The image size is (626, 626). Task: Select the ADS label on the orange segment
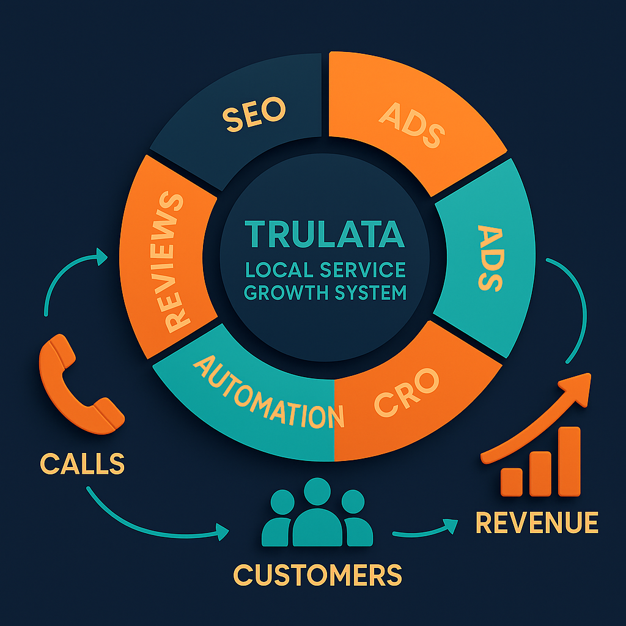pos(411,126)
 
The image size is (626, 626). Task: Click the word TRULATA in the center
pos(324,234)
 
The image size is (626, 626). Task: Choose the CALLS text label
pos(83,464)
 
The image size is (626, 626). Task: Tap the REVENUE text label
pos(537,523)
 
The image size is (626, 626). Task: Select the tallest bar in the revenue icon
pos(569,462)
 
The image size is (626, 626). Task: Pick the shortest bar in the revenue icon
pos(512,482)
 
